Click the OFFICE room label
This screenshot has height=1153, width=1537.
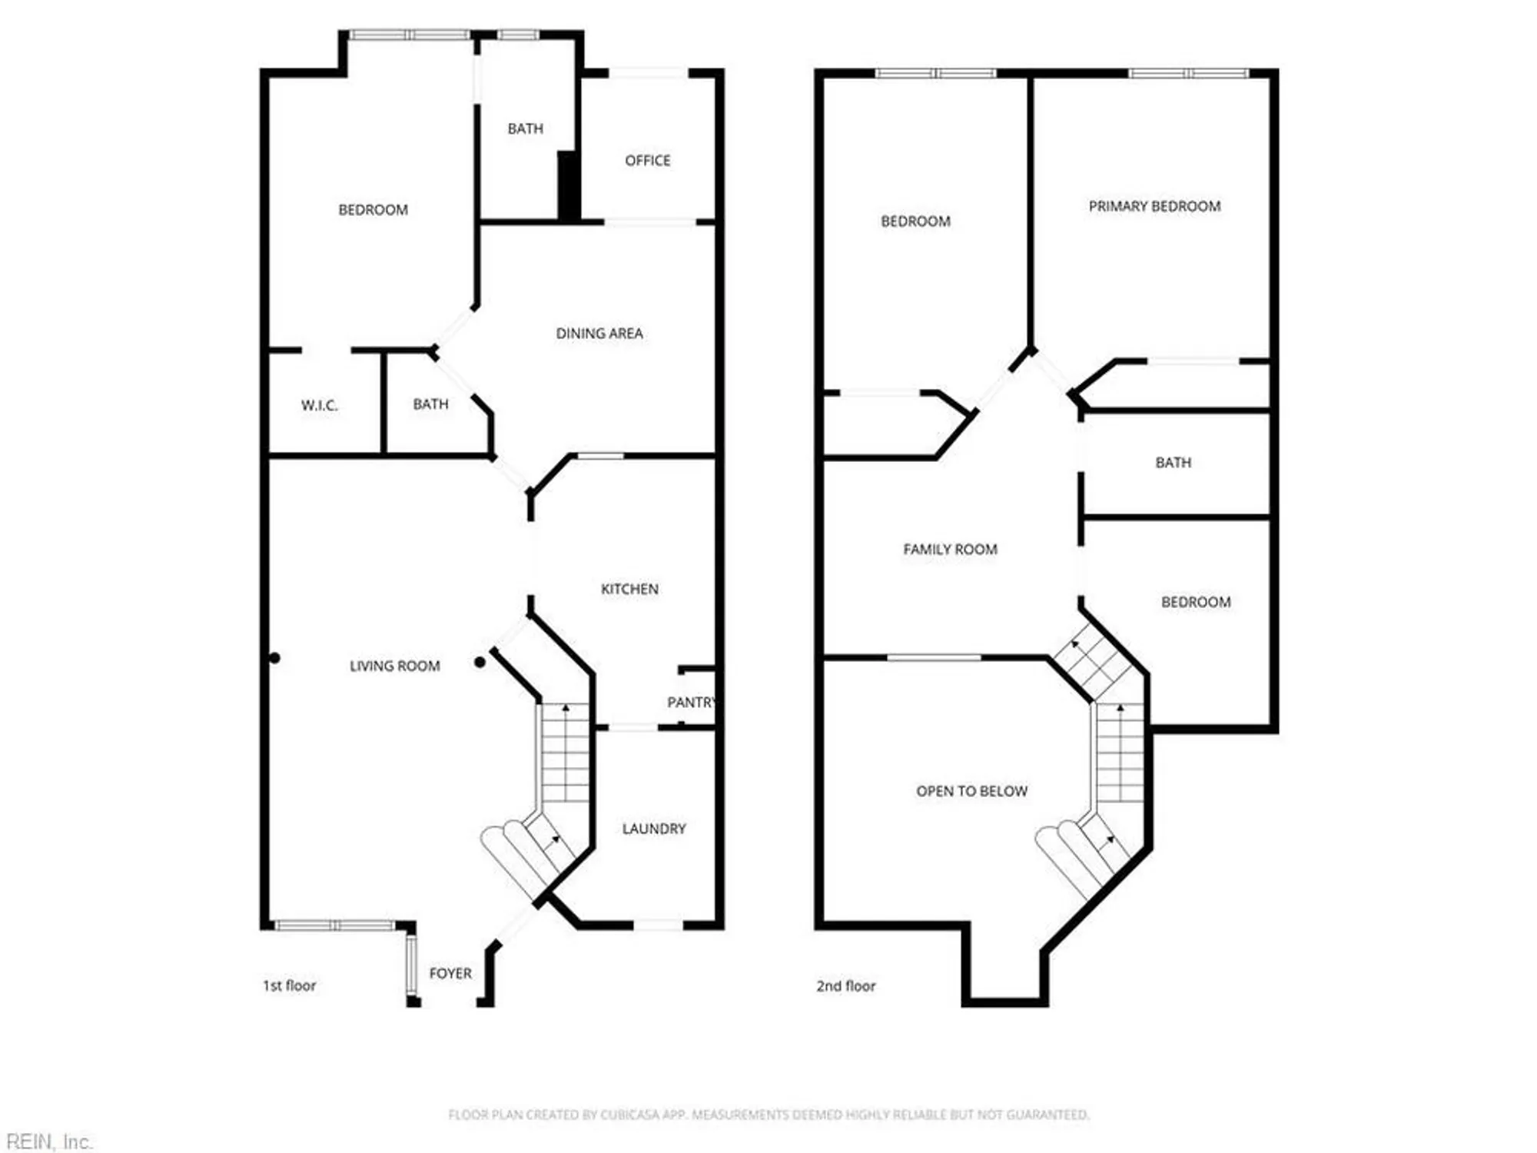click(x=647, y=161)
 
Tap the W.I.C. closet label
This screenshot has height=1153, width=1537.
click(x=319, y=405)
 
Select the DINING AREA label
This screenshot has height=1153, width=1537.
click(x=599, y=334)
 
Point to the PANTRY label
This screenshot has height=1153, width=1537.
click(x=691, y=702)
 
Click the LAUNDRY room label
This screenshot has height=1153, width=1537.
click(x=653, y=829)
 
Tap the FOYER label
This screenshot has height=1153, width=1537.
click(x=450, y=973)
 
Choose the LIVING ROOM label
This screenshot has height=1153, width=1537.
click(x=394, y=666)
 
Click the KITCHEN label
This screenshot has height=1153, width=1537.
click(x=629, y=589)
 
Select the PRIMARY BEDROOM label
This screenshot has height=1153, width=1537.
click(x=1154, y=206)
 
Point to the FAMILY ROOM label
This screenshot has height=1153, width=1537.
click(x=950, y=550)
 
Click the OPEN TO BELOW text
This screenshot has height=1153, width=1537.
click(x=971, y=791)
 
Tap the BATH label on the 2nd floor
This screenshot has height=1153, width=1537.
click(x=1173, y=463)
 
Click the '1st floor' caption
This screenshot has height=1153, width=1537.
click(x=289, y=985)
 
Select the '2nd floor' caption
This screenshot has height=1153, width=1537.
click(x=845, y=986)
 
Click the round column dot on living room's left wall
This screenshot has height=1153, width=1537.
click(x=274, y=658)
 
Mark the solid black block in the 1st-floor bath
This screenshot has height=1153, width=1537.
click(x=568, y=186)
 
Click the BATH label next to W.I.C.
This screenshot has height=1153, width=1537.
click(x=430, y=404)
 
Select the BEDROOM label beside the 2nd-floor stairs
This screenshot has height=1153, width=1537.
click(x=1195, y=602)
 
